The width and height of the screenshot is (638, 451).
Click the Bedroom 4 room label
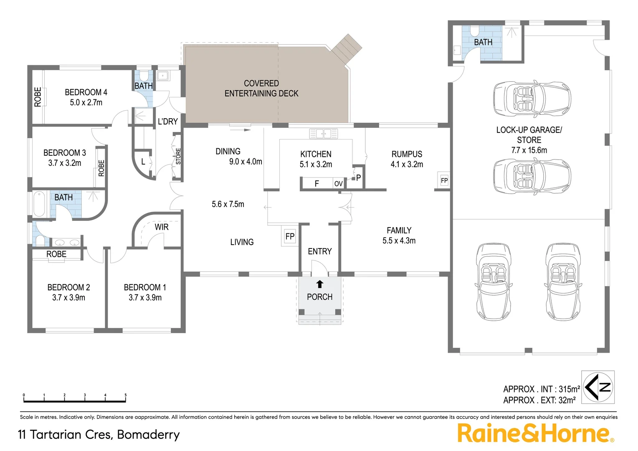point(86,92)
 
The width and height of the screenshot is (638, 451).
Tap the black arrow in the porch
point(320,284)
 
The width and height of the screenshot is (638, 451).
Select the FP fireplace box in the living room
point(290,237)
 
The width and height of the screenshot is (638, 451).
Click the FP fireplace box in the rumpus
point(444,181)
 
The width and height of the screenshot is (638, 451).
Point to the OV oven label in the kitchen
point(338,184)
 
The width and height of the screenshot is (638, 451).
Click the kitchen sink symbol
point(323,134)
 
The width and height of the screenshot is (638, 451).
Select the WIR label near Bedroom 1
point(162,227)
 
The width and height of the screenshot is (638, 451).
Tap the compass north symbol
point(598,387)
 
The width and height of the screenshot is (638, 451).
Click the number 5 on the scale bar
point(125,395)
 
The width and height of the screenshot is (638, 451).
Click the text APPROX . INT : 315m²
point(542,389)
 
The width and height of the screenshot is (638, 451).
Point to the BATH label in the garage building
point(483,42)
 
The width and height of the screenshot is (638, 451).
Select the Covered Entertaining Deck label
point(261,89)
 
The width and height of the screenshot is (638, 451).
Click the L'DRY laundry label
point(168,122)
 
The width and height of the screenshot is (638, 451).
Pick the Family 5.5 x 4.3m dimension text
point(399,241)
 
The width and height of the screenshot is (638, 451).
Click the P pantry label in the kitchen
point(358,178)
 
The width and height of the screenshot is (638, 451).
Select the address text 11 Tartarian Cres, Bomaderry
point(99,434)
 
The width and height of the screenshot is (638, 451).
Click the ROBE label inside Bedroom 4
point(38,97)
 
